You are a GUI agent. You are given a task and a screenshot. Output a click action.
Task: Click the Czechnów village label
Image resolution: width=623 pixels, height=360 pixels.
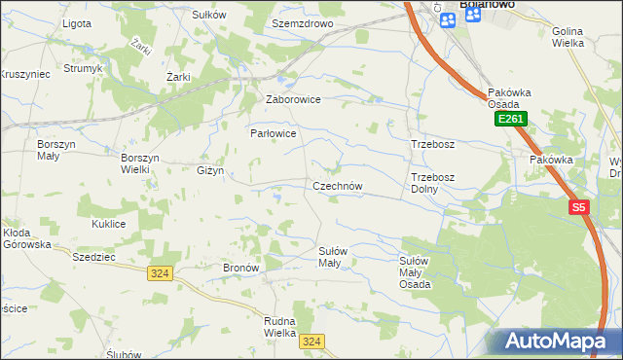338,186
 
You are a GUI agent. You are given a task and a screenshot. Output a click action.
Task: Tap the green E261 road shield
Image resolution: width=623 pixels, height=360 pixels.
510,119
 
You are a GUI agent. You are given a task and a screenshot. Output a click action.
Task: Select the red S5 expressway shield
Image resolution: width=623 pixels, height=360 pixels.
579,207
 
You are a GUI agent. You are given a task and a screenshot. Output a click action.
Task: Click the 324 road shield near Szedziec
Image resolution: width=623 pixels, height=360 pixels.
161,274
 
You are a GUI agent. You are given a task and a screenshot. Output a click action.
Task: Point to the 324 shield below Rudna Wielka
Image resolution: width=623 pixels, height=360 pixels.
311,341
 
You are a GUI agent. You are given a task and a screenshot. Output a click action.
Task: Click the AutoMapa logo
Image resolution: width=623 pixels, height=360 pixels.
560,342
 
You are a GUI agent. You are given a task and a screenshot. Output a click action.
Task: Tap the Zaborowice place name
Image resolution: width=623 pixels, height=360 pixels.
294,99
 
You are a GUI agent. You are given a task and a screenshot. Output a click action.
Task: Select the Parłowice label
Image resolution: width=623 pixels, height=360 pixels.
273,132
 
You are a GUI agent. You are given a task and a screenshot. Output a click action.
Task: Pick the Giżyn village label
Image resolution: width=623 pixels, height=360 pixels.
210,170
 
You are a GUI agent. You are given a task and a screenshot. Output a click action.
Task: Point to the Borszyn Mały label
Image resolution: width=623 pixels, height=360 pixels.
55,150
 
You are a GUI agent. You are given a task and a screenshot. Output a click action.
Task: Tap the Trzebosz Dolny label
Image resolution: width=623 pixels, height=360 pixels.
432,183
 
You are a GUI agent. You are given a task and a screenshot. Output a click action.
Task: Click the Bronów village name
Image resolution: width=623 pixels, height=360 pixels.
239,267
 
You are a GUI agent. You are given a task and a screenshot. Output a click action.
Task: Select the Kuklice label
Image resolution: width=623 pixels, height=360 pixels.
109,224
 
